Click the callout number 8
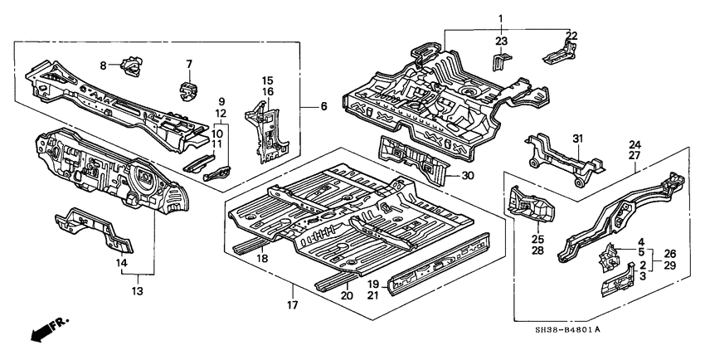click(104, 65)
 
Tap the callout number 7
click(188, 64)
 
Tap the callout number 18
click(264, 260)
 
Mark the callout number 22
click(571, 35)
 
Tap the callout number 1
click(500, 18)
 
